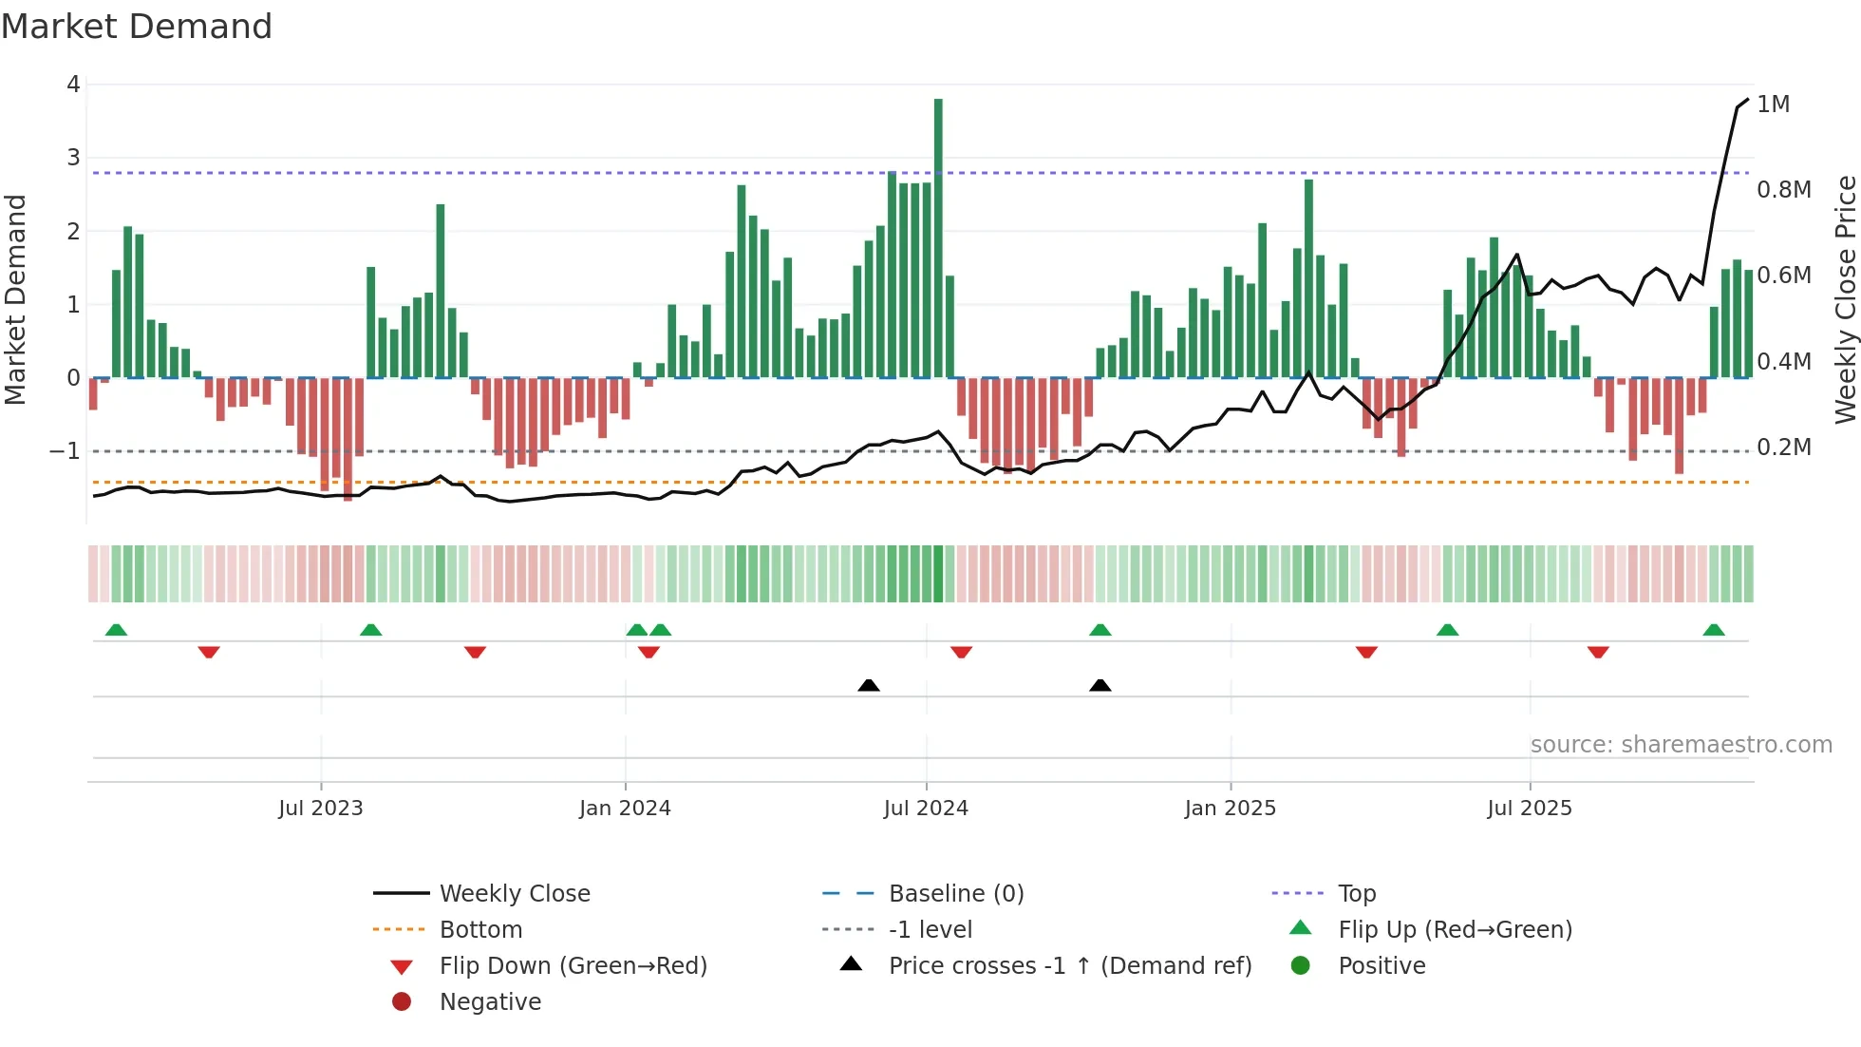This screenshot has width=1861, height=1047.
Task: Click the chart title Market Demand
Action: pos(137,27)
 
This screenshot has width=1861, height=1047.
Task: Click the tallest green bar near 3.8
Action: pos(938,238)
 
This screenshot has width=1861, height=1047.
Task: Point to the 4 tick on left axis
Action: pos(73,85)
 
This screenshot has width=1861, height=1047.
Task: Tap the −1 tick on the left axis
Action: pos(66,451)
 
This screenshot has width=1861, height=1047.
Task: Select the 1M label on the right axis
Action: pos(1773,105)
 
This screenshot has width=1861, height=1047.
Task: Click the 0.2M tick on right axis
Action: pos(1783,447)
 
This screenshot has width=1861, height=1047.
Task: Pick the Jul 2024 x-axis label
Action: pos(926,809)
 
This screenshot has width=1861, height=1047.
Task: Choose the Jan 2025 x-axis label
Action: pos(1230,809)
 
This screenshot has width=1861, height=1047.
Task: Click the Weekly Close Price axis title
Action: pos(1845,299)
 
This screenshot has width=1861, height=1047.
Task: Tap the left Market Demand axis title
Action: pos(15,299)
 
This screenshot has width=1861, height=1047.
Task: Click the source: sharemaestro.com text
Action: pos(1681,745)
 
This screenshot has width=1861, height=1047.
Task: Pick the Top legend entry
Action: pos(1356,894)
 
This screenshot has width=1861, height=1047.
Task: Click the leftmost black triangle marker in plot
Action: pos(868,685)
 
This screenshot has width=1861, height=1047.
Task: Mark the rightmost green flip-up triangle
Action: pos(1713,630)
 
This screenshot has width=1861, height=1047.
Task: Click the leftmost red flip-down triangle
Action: pos(209,652)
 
